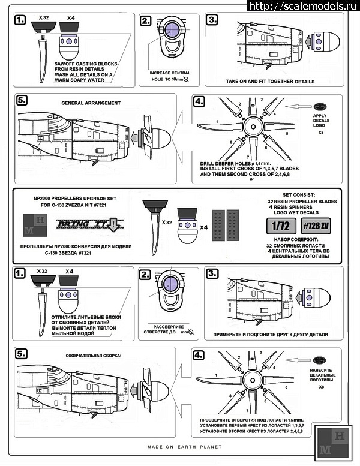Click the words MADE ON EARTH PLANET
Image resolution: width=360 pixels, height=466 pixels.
point(185,447)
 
